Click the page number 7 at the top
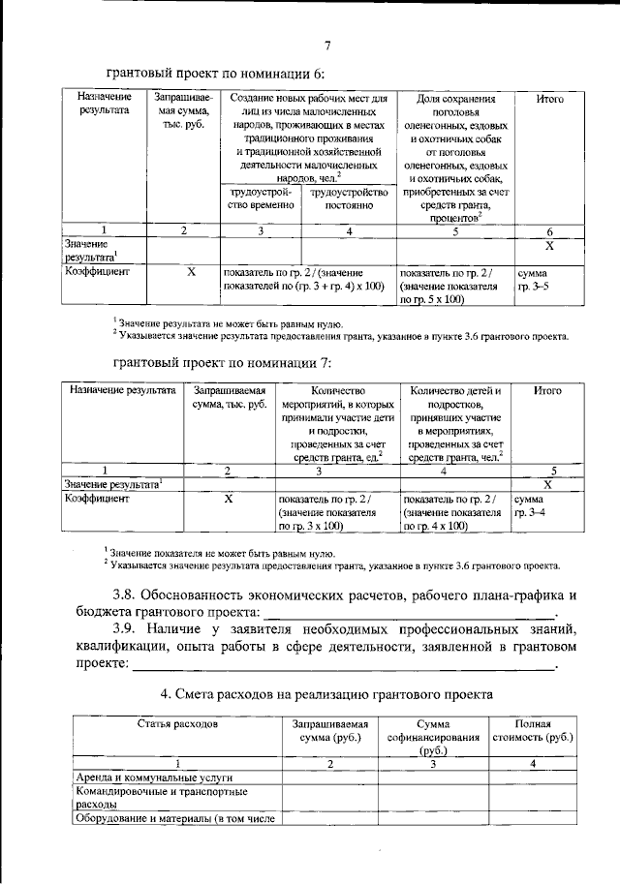(327, 45)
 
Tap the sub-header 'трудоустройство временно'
(259, 198)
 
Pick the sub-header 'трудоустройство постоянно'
(348, 198)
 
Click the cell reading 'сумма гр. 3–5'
(534, 281)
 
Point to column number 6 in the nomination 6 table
(549, 231)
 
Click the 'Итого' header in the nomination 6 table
(549, 99)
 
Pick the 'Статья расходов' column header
(177, 724)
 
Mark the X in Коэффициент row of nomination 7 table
(230, 498)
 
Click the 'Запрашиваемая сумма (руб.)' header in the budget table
(330, 731)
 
